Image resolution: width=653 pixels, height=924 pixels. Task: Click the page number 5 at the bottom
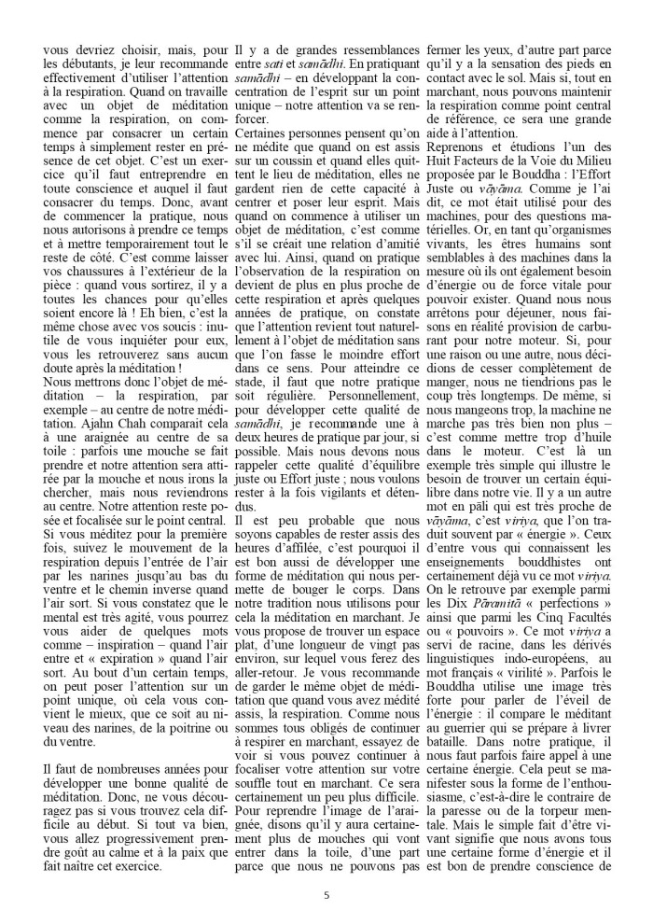326,894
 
